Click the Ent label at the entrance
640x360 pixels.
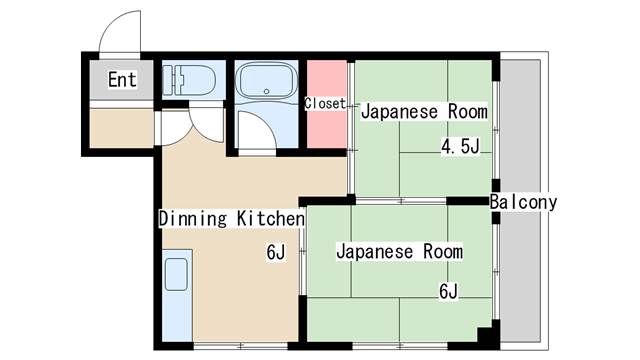tap(122, 80)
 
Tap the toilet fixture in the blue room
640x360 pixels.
tap(190, 79)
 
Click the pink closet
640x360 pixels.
tap(325, 125)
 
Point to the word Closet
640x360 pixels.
tap(325, 103)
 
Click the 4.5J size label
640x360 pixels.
tap(461, 148)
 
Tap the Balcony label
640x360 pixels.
tap(523, 202)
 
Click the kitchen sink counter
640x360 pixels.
tap(176, 294)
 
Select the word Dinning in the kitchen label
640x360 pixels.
tap(194, 218)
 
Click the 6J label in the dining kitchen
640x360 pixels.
tap(276, 252)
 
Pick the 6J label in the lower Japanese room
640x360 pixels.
tap(448, 292)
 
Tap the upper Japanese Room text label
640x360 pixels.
tap(424, 111)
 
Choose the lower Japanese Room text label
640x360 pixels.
tap(399, 251)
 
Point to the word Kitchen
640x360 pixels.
tap(270, 218)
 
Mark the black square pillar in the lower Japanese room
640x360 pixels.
tap(486, 337)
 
